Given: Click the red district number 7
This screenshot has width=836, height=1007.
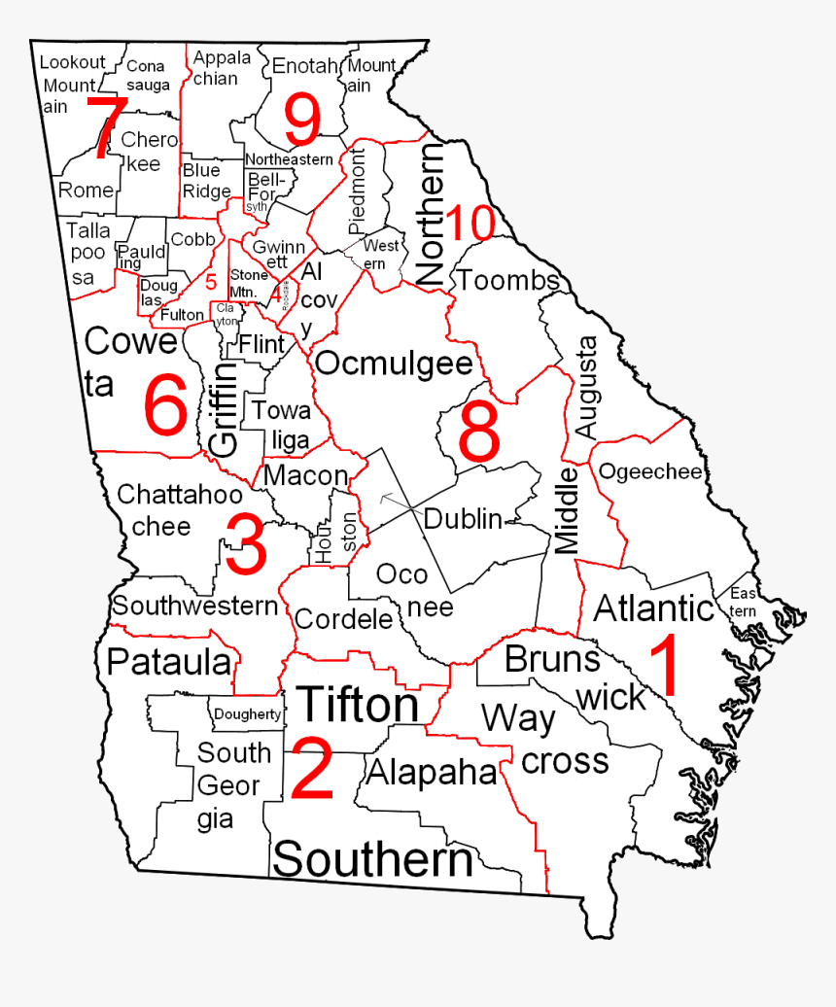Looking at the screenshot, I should coord(105,128).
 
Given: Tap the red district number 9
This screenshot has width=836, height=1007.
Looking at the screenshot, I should coord(302,121).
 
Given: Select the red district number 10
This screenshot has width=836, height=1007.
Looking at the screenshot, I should coord(470,224).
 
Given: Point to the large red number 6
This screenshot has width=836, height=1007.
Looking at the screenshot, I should coord(165,406).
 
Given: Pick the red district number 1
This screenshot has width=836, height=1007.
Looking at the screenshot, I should coord(664,665).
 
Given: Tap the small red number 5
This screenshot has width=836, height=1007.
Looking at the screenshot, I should coord(211,283).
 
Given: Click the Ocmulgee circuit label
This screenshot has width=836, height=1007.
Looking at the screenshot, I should coord(395,364).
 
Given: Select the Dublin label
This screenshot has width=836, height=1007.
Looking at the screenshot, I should coord(463,519).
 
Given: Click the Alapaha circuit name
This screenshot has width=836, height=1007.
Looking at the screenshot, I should coord(432,772).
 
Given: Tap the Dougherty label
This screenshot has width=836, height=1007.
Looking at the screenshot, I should coord(247,715).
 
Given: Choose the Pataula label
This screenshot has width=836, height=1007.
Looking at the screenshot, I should coord(170,662).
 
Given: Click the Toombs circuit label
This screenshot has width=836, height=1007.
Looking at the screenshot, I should coord(507,281).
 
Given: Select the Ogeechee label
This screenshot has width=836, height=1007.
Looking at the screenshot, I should coord(649,472).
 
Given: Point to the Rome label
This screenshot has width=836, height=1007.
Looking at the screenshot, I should coord(86,190).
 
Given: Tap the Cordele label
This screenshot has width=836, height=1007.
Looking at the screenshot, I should coord(343,619).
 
